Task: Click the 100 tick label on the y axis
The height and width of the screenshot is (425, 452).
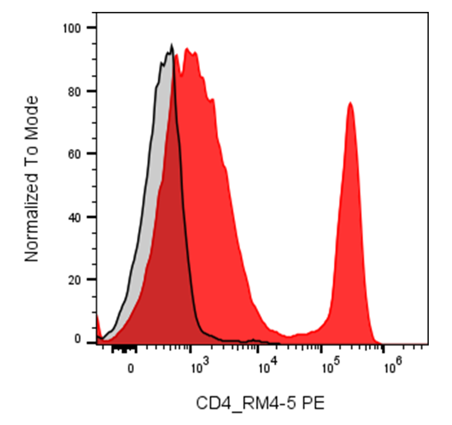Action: click(x=72, y=29)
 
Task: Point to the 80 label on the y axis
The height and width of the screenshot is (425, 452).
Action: click(x=75, y=92)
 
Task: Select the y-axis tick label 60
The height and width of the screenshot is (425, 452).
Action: click(x=75, y=154)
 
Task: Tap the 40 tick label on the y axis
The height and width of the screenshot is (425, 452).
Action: click(x=75, y=217)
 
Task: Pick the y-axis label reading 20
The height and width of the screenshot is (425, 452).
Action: click(x=75, y=280)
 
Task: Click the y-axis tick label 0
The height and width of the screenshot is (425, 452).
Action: click(x=77, y=339)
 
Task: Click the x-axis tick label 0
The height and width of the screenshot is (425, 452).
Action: click(x=131, y=368)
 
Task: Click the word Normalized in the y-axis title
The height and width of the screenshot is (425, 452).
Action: click(x=32, y=217)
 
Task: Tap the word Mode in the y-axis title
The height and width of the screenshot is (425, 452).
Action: click(x=32, y=117)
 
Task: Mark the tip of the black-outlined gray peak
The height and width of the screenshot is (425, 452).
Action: click(x=172, y=45)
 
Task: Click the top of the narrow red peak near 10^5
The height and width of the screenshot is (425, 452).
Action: click(x=350, y=102)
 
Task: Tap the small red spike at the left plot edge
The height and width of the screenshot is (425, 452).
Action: click(x=98, y=316)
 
